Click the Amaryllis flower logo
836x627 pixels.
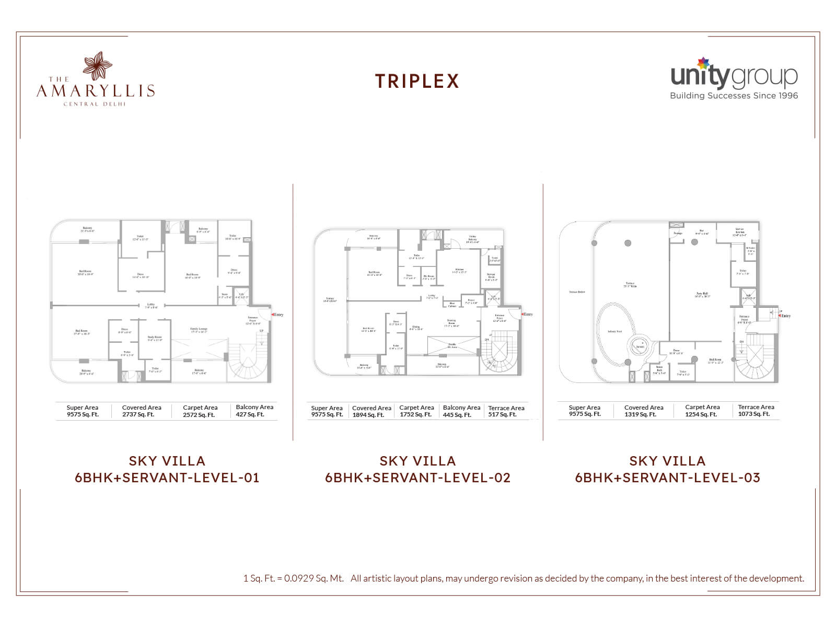97,66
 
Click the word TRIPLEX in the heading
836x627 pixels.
417,82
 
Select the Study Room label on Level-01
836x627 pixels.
155,338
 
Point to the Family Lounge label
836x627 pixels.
199,330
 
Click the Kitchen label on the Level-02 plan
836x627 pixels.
459,271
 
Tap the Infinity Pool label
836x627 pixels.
615,331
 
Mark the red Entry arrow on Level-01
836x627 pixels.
273,315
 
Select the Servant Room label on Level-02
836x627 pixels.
491,276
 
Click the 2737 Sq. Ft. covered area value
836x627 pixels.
138,415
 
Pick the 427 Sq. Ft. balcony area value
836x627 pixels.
250,415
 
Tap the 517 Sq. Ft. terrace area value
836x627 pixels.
502,415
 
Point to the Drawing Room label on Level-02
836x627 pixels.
451,323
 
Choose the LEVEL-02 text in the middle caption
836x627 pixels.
477,478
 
